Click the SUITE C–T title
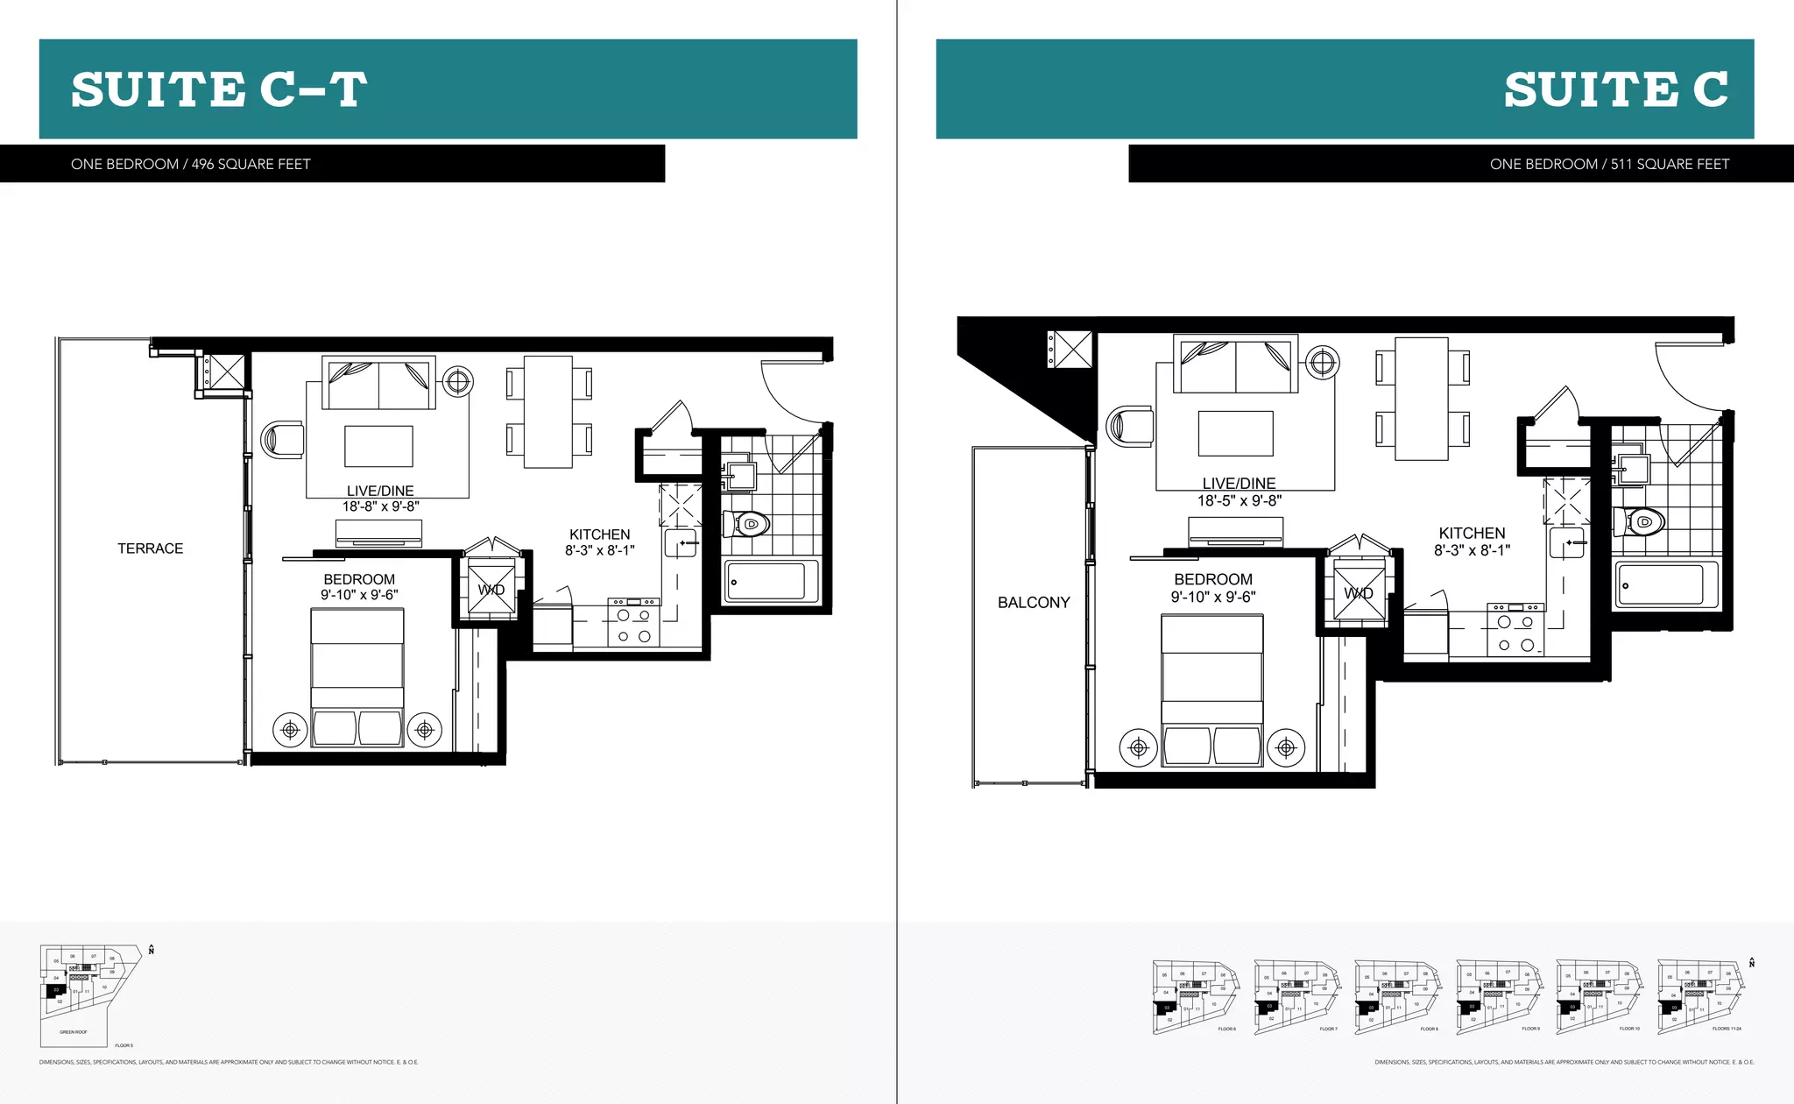[219, 89]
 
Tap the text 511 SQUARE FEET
[1670, 164]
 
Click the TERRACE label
[151, 548]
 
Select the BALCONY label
[1034, 603]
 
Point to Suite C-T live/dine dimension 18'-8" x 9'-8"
[380, 506]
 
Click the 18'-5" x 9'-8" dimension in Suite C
[1240, 501]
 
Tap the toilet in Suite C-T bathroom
[746, 525]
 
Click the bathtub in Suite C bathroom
[1666, 584]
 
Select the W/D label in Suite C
[1359, 593]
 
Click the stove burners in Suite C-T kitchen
[633, 626]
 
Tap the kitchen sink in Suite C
[1567, 542]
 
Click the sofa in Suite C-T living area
[378, 383]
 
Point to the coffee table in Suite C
[1235, 434]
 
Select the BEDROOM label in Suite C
[1213, 579]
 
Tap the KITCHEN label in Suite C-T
[599, 534]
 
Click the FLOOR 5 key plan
[90, 994]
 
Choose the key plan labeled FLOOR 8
[1395, 996]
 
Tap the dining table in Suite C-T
[548, 412]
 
